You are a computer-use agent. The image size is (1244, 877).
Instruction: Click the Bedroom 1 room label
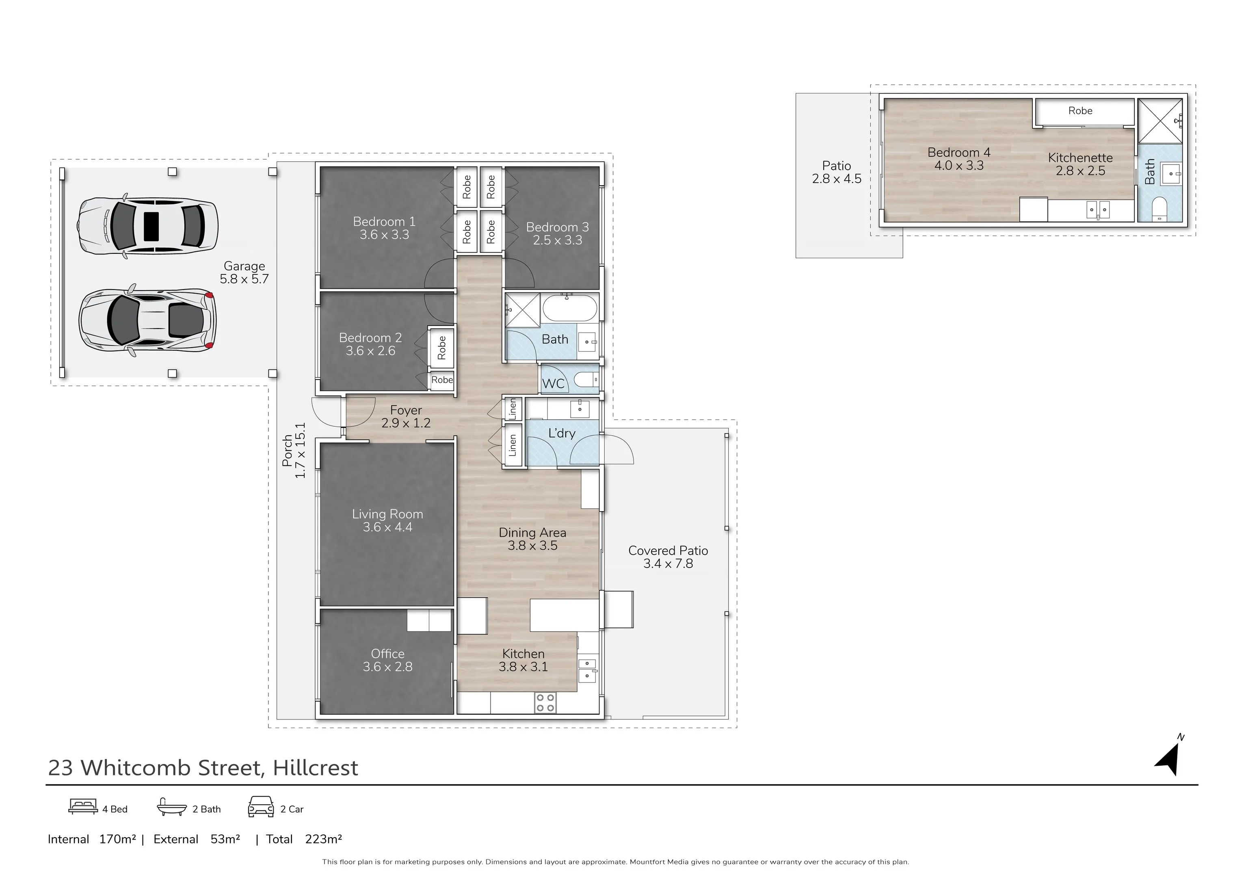click(x=384, y=222)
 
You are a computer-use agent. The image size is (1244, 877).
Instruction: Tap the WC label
click(x=553, y=384)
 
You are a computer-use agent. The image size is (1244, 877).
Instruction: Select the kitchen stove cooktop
click(x=545, y=702)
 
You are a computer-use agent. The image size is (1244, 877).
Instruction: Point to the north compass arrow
click(x=1169, y=759)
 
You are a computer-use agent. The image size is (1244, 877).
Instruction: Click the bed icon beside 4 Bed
click(x=83, y=807)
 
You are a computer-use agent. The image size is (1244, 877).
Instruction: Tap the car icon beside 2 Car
click(x=261, y=807)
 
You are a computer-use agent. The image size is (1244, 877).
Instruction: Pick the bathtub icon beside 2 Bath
click(x=172, y=807)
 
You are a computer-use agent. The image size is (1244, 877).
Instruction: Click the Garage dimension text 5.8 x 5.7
click(x=244, y=279)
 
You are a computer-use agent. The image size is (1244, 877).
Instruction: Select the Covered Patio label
click(x=668, y=551)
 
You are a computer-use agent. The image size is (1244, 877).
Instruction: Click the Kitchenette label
click(x=1080, y=158)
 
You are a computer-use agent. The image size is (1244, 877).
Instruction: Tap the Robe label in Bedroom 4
click(x=1080, y=110)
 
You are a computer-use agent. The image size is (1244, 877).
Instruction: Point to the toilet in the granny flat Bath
click(x=1160, y=210)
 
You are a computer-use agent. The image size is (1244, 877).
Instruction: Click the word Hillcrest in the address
click(x=315, y=768)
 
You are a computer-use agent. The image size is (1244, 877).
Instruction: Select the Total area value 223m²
click(x=323, y=839)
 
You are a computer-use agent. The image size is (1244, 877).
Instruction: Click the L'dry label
click(x=562, y=433)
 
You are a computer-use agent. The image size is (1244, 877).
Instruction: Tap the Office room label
click(x=387, y=654)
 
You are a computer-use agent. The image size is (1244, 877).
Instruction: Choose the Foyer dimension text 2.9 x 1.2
click(x=406, y=423)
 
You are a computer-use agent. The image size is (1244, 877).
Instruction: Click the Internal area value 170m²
click(x=117, y=839)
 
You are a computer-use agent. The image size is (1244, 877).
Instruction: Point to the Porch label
click(x=288, y=451)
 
